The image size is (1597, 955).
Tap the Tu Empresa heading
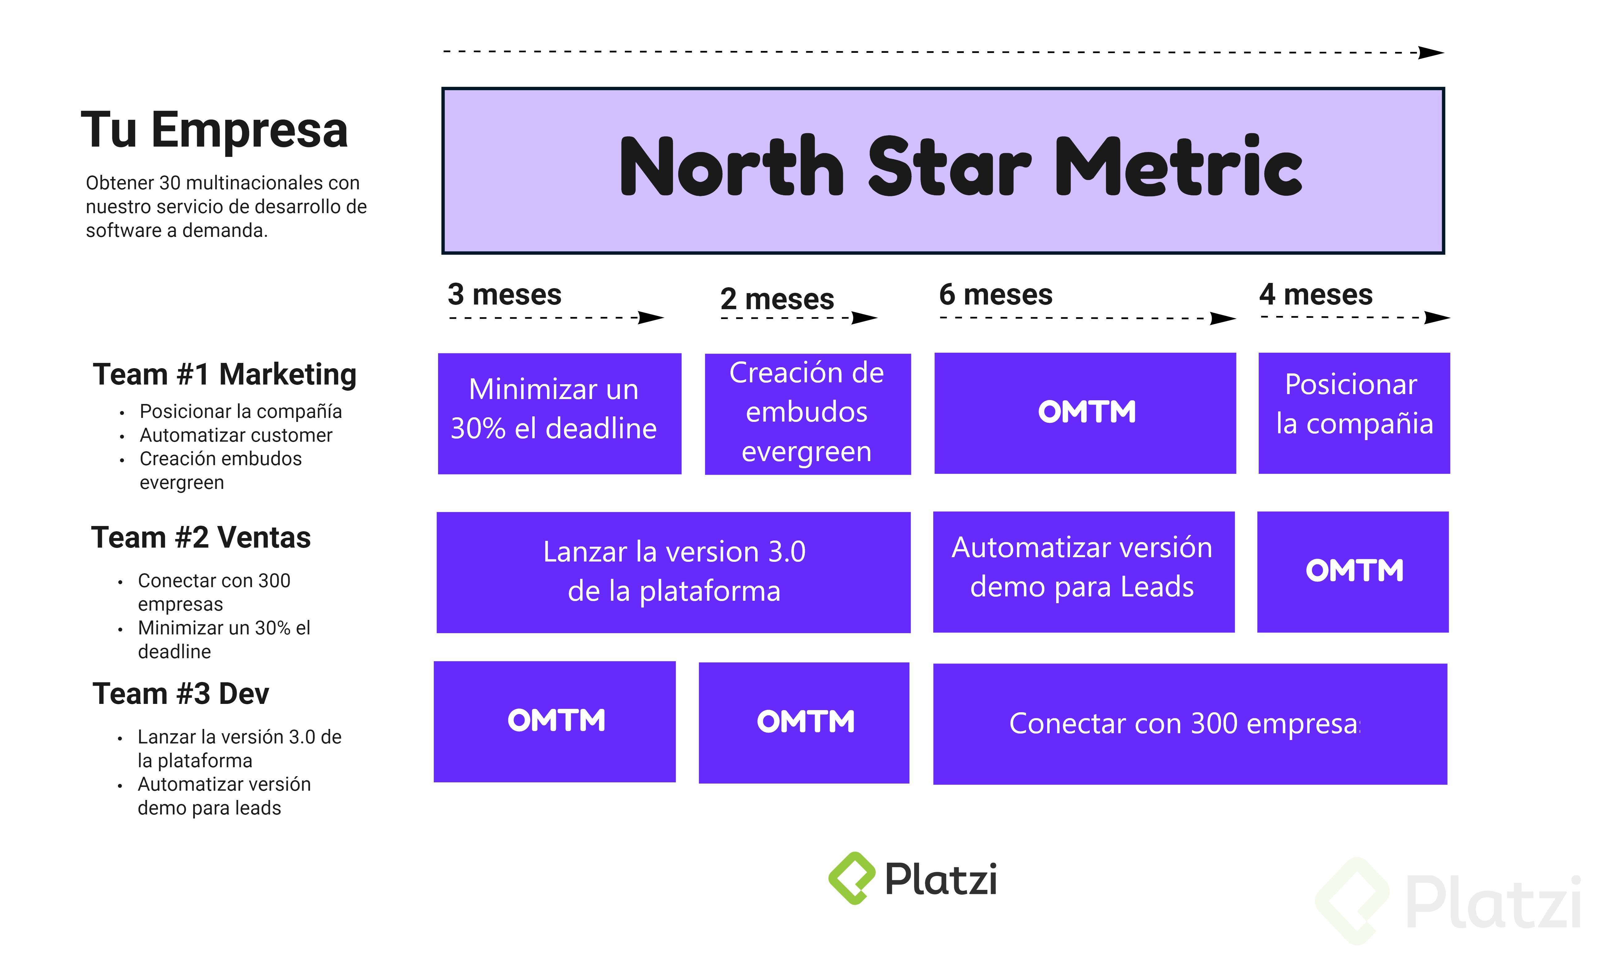pos(214,129)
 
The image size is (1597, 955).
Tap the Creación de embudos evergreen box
pos(808,414)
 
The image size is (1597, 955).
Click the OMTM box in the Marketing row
pos(1085,413)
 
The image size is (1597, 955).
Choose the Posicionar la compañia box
pos(1354,413)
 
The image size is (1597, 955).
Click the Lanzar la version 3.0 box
pos(673,572)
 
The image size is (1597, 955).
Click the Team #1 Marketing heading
pos(224,375)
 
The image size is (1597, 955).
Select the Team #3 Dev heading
pos(181,694)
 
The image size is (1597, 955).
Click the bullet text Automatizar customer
pos(236,435)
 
